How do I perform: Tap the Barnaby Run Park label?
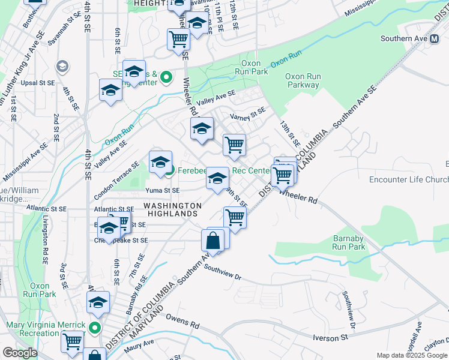[x=349, y=242]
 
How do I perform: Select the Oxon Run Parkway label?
[x=303, y=80]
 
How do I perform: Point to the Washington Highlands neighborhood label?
[x=172, y=209]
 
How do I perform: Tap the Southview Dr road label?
[x=222, y=278]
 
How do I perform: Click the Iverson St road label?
[x=330, y=338]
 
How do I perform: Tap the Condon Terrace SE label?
[x=116, y=173]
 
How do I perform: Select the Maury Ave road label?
[x=140, y=344]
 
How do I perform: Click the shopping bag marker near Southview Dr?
[x=213, y=241]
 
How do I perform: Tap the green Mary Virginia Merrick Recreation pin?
[x=94, y=328]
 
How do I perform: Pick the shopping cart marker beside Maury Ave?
[x=73, y=341]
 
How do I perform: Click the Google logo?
[x=20, y=353]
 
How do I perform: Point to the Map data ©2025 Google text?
[x=412, y=355]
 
